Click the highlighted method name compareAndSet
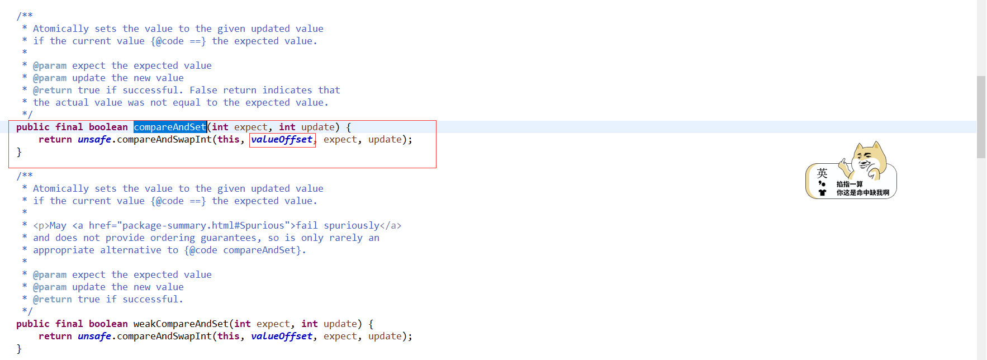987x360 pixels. click(x=170, y=127)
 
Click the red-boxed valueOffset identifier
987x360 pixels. click(x=282, y=140)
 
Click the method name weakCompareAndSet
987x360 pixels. click(x=181, y=324)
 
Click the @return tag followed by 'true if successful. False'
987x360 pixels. click(x=52, y=91)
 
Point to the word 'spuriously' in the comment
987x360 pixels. click(x=351, y=226)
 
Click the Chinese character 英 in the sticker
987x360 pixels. click(x=822, y=173)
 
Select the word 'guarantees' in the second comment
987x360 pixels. click(x=228, y=238)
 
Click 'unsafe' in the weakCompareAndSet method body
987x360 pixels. click(x=94, y=337)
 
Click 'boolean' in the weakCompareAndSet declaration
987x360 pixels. click(x=108, y=324)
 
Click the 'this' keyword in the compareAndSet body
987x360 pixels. click(x=228, y=140)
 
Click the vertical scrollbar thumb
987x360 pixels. click(x=981, y=117)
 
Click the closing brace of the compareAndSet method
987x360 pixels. click(x=19, y=152)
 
